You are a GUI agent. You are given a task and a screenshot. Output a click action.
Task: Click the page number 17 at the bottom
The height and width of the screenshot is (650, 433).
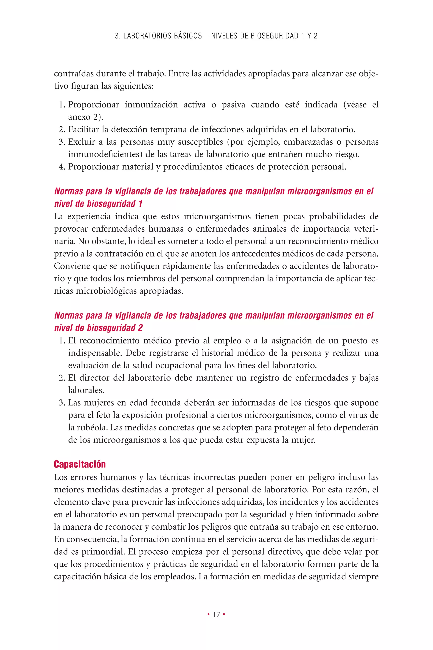(216, 615)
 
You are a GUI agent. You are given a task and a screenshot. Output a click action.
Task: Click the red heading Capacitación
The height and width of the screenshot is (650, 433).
(80, 464)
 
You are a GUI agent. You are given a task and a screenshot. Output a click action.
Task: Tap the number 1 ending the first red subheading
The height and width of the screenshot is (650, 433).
(140, 204)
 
